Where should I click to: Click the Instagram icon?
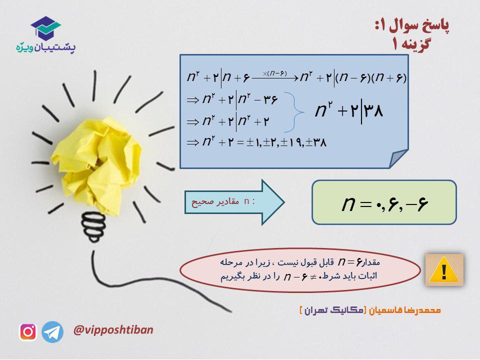[x=28, y=332]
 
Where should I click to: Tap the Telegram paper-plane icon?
[x=52, y=332]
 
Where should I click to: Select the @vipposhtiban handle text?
[x=113, y=330]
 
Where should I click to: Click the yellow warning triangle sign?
[x=444, y=270]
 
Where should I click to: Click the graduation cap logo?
[x=45, y=28]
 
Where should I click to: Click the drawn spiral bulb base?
[x=93, y=226]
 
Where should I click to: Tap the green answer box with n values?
[x=384, y=202]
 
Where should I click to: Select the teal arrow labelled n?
[x=234, y=202]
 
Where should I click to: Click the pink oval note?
[x=300, y=270]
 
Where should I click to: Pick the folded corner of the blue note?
[x=398, y=158]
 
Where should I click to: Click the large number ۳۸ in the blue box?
[x=373, y=111]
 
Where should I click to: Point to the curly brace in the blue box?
[x=294, y=112]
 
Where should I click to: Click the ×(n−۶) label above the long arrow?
[x=274, y=73]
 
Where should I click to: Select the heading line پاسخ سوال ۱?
[x=412, y=26]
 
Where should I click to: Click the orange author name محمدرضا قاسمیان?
[x=404, y=310]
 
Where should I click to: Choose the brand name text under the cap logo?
[x=46, y=47]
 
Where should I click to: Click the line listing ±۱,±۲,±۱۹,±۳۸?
[x=256, y=142]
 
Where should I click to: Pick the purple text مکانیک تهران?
[x=333, y=310]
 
